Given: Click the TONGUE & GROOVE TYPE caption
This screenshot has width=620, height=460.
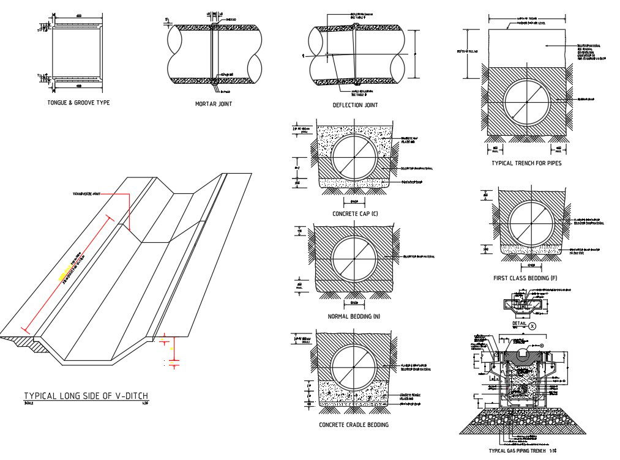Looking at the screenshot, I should point(78,103).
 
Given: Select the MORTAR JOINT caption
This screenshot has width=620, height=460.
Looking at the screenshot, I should point(214,104).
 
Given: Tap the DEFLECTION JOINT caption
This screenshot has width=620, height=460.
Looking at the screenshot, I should point(355,105).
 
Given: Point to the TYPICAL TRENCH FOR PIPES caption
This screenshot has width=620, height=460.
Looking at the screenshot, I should point(526,163).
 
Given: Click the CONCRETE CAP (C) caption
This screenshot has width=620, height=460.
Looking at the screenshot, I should point(355,214).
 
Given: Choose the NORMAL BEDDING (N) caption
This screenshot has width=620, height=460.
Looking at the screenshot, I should point(355,317).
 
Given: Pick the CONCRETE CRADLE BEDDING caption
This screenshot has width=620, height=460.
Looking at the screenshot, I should point(354,425).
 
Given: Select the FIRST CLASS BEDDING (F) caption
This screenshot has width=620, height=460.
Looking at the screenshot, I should point(525,278).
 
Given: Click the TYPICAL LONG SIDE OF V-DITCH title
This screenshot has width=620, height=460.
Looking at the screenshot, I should point(86,396).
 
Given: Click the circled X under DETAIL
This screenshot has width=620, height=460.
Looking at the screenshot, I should point(532,327).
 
